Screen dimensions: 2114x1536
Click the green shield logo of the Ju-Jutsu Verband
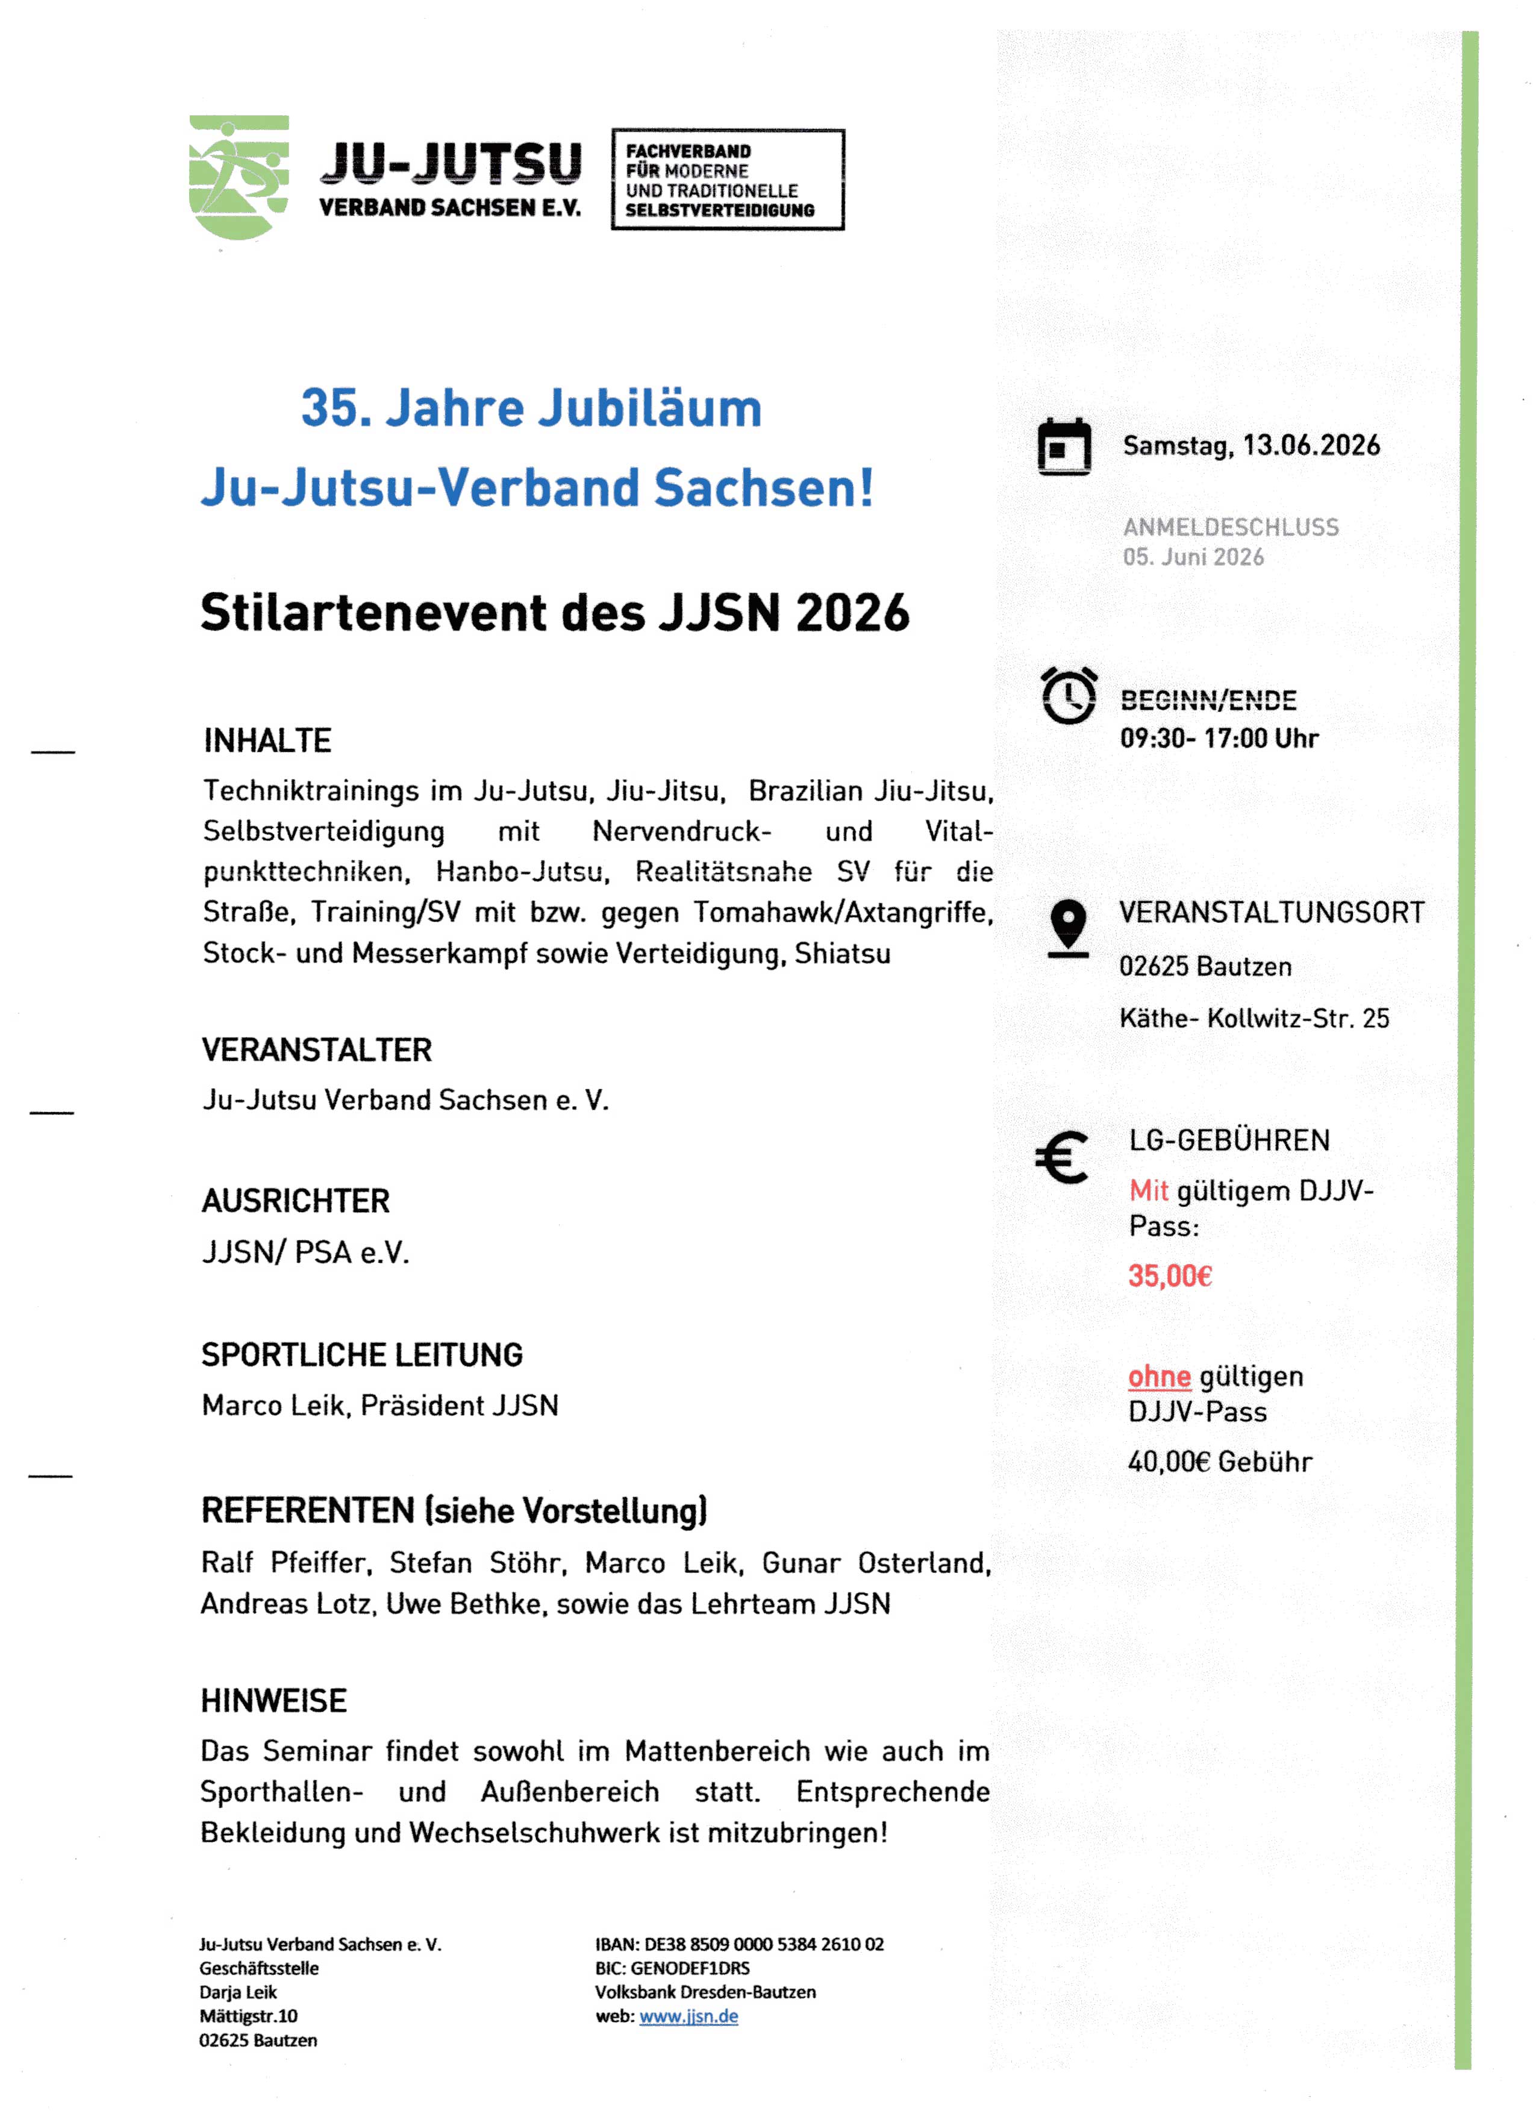click(x=239, y=177)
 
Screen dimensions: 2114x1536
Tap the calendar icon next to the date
click(x=1064, y=446)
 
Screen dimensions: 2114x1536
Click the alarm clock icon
click(x=1068, y=695)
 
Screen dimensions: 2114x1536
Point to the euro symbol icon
click(x=1061, y=1158)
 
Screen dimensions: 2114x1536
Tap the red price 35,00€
click(x=1170, y=1276)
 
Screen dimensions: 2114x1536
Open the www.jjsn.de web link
click(x=688, y=2016)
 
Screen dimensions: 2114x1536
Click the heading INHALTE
click(x=267, y=741)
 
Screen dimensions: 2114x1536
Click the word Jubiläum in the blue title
click(x=651, y=408)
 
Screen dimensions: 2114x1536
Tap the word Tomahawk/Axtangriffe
click(x=843, y=913)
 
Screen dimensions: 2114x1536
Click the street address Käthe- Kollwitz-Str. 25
click(x=1253, y=1018)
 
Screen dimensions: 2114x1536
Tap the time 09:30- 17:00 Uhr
click(x=1219, y=739)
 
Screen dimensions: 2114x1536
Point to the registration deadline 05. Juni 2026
click(x=1193, y=557)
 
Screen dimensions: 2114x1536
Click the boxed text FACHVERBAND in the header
click(x=688, y=151)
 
